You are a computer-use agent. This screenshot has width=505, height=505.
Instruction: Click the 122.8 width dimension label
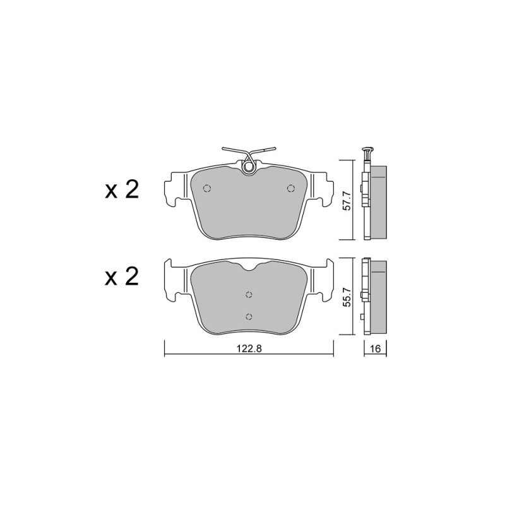tap(249, 348)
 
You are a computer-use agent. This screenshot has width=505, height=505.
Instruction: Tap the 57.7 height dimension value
tap(346, 200)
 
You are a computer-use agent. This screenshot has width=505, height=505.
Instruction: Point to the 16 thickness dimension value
tap(376, 348)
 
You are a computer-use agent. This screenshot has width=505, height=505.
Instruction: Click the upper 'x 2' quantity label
tap(122, 190)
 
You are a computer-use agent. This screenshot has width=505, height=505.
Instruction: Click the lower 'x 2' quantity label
tap(122, 276)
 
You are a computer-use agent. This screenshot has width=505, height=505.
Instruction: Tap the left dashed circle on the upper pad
tap(207, 188)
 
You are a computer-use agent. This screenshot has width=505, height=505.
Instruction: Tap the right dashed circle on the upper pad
tap(291, 188)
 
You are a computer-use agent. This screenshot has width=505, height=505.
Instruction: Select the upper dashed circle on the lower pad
tap(249, 295)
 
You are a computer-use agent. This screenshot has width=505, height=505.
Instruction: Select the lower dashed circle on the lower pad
tap(249, 317)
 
